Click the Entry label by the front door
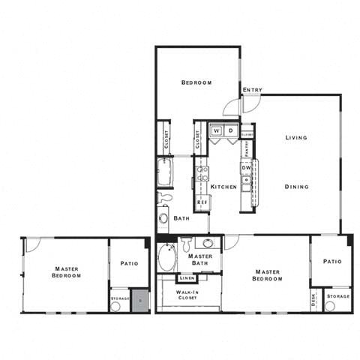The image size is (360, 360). point(252,91)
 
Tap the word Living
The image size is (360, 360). point(297,138)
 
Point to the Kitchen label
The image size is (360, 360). point(223,187)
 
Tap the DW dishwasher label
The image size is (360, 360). point(245,168)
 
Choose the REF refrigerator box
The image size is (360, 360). point(202,202)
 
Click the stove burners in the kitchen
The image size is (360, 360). point(201,176)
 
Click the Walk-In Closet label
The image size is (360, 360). point(187,294)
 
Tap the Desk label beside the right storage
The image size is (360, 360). point(313,299)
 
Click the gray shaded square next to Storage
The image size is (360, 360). point(140,300)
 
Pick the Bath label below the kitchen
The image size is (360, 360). point(181,218)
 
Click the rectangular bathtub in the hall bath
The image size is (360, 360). point(164,172)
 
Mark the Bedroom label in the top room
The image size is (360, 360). point(197,82)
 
